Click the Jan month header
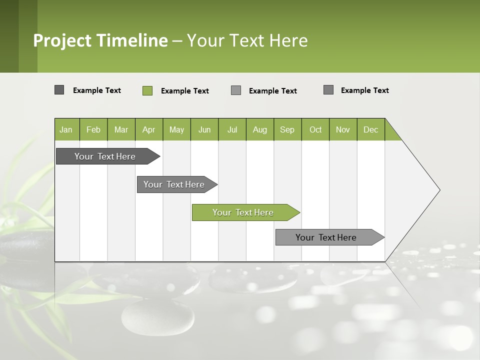point(66,129)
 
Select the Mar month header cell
point(121,129)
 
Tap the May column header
point(176,129)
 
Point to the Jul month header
point(232,129)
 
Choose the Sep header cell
point(287,129)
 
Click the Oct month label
point(315,129)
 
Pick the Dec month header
point(370,129)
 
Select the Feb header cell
point(93,129)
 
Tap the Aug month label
point(259,129)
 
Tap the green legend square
point(147,90)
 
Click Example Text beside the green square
point(184,91)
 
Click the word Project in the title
point(62,40)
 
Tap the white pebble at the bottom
point(157,317)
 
